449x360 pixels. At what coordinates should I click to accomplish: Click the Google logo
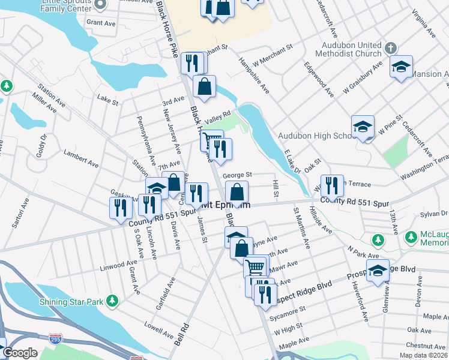(x=20, y=353)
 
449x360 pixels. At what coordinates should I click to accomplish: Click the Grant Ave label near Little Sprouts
(x=99, y=22)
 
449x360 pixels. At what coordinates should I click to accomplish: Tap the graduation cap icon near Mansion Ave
(x=401, y=66)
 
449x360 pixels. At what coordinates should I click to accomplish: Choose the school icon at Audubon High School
(x=363, y=126)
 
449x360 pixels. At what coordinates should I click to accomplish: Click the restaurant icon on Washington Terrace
(x=331, y=185)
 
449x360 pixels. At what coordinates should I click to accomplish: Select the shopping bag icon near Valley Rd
(x=205, y=86)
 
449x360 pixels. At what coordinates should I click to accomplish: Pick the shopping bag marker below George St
(x=238, y=192)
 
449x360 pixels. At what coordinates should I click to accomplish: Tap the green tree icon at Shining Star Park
(x=112, y=300)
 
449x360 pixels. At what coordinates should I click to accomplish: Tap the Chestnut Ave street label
(x=425, y=346)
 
